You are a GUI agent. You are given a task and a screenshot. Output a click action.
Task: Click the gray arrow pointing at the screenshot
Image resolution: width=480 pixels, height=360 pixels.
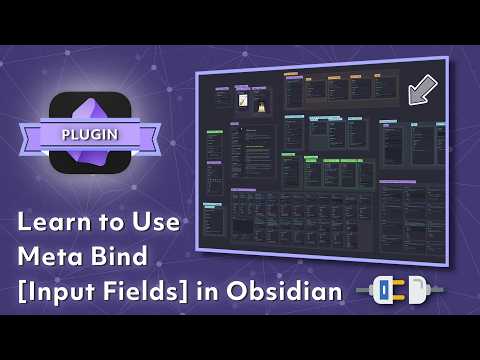pos(422,89)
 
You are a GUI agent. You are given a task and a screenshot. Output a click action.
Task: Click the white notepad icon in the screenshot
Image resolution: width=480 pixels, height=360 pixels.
pos(244,101)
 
